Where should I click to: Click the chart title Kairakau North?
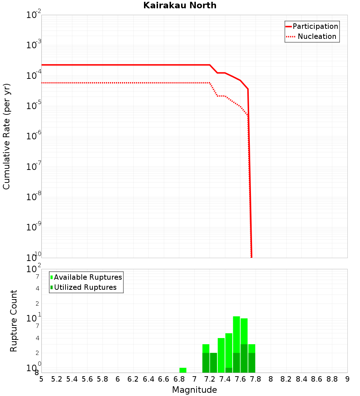(180, 5)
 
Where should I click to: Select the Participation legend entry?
(315, 26)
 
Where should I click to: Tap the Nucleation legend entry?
(317, 36)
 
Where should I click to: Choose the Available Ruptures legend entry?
(88, 277)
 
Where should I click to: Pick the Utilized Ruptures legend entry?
(85, 287)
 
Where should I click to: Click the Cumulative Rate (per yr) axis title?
(6, 136)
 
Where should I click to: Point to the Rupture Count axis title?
(14, 320)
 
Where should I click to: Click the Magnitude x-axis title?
(194, 390)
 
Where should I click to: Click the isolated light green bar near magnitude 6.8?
(183, 370)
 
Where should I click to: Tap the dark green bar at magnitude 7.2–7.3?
(213, 363)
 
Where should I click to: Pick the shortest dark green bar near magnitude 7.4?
(229, 370)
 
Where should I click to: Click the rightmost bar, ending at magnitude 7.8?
(252, 358)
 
